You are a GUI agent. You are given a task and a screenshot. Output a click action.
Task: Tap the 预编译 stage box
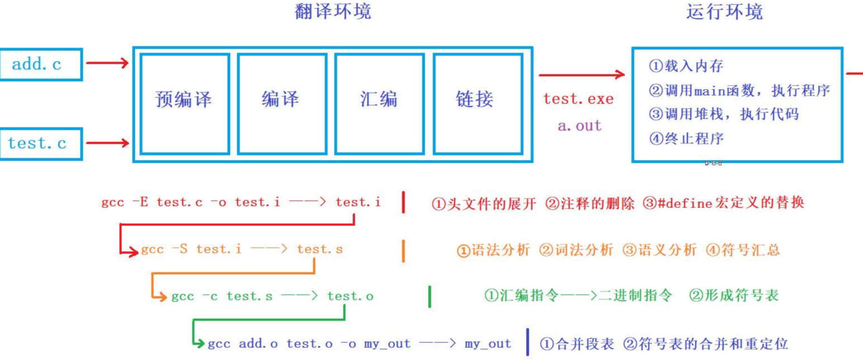[x=184, y=104]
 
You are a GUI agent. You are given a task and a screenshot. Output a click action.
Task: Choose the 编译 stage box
[x=282, y=104]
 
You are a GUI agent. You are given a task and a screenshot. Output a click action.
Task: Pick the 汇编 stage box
[x=379, y=104]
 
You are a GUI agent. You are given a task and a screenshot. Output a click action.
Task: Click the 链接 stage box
[x=477, y=104]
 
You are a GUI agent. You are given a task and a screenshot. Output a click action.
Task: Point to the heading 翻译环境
[x=333, y=11]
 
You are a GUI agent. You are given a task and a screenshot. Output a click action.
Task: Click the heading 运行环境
[x=724, y=11]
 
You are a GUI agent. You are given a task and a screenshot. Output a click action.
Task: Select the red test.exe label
[x=578, y=99]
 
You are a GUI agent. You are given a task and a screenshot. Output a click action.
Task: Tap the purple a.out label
[x=579, y=126]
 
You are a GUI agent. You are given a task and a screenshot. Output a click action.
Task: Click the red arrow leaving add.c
[x=107, y=63]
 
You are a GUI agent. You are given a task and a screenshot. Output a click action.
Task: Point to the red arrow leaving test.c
[x=107, y=143]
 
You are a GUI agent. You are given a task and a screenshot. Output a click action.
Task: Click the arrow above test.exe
[x=582, y=74]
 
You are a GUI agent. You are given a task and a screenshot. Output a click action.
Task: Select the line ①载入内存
[x=686, y=66]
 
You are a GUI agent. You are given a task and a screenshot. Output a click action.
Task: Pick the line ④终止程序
[x=686, y=139]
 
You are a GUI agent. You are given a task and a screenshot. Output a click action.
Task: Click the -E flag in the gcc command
[x=140, y=202]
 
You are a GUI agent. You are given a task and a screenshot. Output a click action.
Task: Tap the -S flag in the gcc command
[x=180, y=249]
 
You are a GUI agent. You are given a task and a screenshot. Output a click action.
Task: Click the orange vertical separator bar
[x=403, y=251]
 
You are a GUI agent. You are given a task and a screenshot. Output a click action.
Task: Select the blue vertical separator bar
[x=527, y=342]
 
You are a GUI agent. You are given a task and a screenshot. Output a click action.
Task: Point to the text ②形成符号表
[x=733, y=295]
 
